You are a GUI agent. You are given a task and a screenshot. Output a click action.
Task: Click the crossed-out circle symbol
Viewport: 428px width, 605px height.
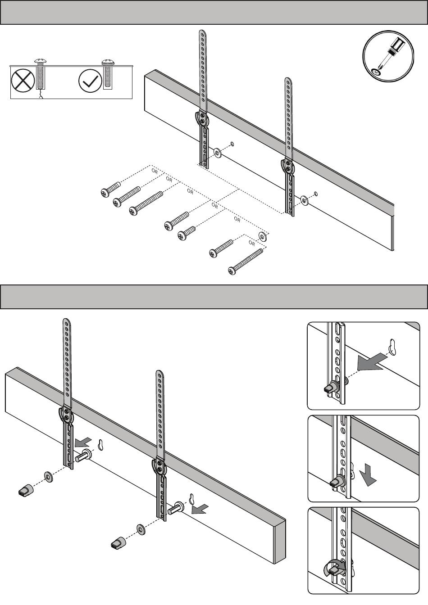(23, 81)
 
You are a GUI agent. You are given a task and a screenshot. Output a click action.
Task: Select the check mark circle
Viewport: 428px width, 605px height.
(90, 81)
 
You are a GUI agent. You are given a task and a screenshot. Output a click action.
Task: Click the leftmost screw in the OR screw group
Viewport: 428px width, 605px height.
(110, 189)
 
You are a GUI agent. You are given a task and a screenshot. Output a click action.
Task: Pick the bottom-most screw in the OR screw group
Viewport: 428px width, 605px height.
(246, 262)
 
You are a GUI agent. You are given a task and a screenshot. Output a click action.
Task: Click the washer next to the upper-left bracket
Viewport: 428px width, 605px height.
(217, 153)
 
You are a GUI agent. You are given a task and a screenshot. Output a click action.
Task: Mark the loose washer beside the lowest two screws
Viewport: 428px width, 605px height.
(262, 235)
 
